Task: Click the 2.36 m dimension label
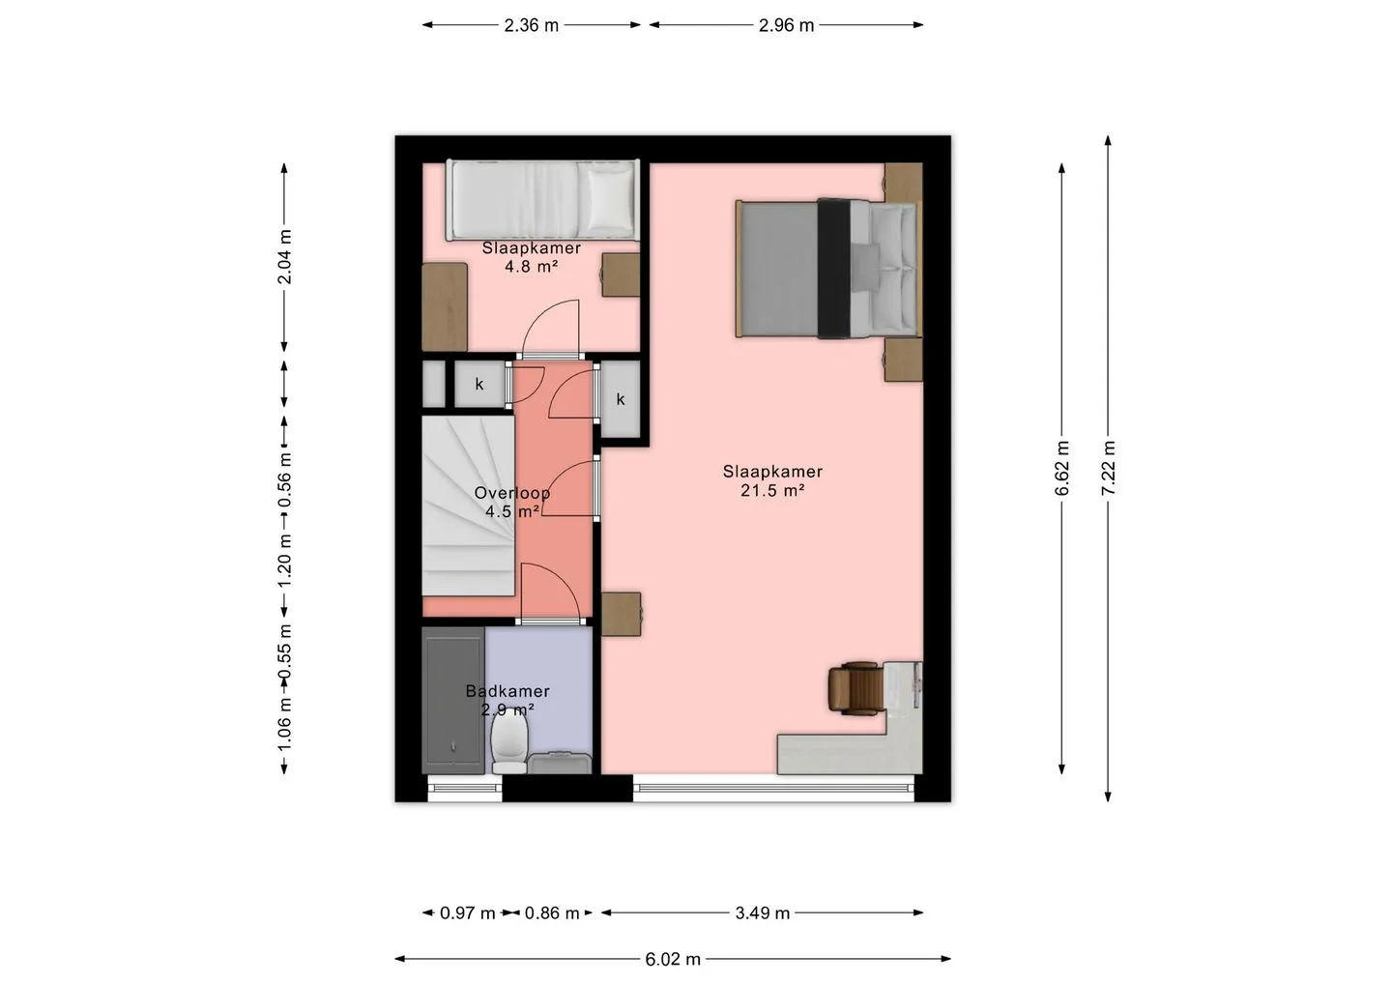(x=531, y=25)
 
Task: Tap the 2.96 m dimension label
(x=786, y=25)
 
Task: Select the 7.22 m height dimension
(x=1108, y=468)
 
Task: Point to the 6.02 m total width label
(x=673, y=960)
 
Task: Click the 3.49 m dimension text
(x=763, y=913)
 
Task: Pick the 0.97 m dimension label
(x=467, y=913)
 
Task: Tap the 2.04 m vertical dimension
(x=284, y=256)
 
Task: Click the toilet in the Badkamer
(x=509, y=745)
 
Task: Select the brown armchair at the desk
(x=855, y=688)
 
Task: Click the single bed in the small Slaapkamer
(x=543, y=200)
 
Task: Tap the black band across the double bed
(x=834, y=269)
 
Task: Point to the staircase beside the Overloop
(x=469, y=506)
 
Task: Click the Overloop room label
(x=512, y=493)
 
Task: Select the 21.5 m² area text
(x=772, y=491)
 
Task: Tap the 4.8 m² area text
(x=531, y=267)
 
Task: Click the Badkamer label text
(x=507, y=691)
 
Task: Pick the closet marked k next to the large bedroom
(x=621, y=400)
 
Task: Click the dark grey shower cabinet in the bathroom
(x=453, y=701)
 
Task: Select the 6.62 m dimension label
(x=1061, y=468)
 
